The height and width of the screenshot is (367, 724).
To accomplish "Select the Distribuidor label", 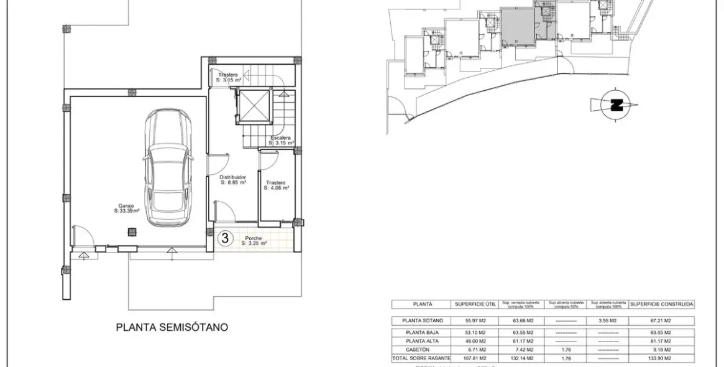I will tap(234, 180).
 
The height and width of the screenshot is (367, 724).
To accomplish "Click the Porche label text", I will tap(254, 240).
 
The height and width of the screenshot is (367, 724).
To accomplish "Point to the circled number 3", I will tap(226, 237).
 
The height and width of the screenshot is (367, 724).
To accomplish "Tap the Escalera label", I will tap(281, 140).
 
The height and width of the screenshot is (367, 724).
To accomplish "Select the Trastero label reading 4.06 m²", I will tap(277, 185).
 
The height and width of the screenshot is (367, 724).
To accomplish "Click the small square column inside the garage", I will tap(132, 233).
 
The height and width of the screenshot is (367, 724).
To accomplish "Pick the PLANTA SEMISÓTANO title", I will tap(172, 326).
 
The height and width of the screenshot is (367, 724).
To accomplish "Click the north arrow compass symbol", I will tap(616, 105).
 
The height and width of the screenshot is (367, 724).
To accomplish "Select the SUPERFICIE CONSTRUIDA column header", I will tap(661, 304).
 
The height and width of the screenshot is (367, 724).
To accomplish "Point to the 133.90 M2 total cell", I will tap(661, 359).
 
